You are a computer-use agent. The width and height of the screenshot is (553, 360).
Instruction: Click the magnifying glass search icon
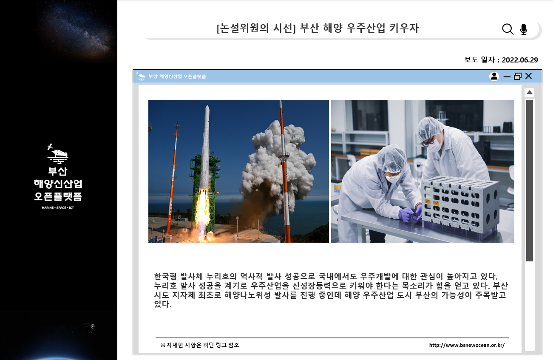(508, 29)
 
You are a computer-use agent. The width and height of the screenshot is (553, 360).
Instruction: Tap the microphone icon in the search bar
(524, 29)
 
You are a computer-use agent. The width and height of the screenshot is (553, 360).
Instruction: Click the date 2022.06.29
(520, 60)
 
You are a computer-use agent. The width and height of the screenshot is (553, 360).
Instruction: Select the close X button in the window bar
(529, 76)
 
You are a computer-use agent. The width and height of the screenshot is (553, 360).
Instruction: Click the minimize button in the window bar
(507, 77)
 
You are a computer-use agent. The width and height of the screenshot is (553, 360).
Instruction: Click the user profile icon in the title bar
(494, 77)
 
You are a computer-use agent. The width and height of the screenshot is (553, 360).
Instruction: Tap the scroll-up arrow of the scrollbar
(529, 93)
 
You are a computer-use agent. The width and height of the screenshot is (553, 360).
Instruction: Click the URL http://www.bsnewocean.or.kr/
(467, 345)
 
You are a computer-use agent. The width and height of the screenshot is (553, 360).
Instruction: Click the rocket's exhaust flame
(202, 213)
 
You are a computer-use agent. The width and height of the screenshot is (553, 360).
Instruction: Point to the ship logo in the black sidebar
(57, 154)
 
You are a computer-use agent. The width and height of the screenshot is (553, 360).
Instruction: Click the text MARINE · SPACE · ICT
(58, 208)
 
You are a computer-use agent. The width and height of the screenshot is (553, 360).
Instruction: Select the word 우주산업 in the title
(366, 28)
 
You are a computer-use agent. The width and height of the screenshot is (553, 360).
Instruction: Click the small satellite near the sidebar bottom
(92, 327)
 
